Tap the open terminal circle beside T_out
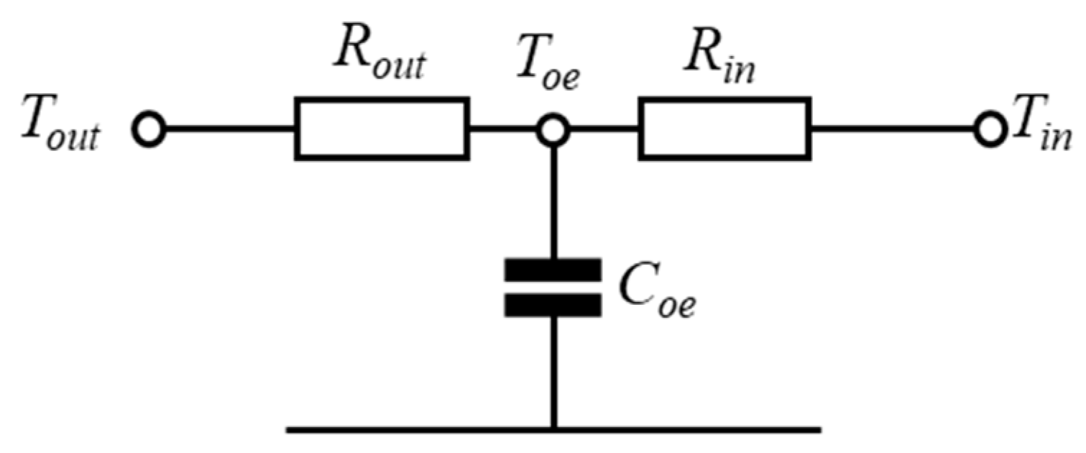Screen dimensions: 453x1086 (149, 131)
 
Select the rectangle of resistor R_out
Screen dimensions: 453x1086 (381, 129)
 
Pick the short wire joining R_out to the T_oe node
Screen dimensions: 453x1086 (502, 131)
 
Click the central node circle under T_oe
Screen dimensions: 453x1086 (553, 131)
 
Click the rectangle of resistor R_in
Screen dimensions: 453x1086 (724, 129)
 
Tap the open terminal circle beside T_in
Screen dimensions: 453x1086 (991, 131)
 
